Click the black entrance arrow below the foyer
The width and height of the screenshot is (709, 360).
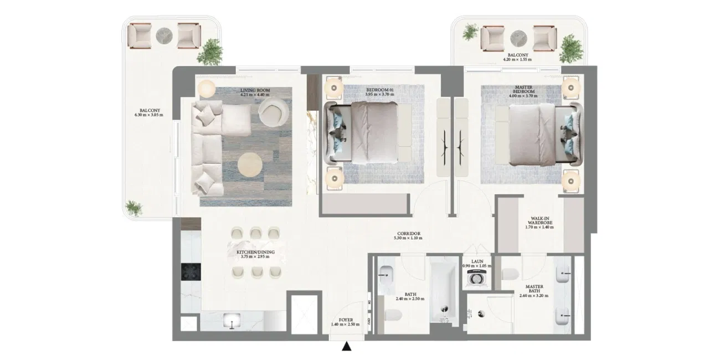(x=347, y=347)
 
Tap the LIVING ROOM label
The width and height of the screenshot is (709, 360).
(x=255, y=90)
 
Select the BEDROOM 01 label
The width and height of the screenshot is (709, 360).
(x=379, y=90)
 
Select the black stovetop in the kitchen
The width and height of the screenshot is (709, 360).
(x=191, y=272)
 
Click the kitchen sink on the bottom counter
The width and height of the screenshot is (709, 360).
(x=230, y=321)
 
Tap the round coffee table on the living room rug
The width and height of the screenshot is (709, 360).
(x=251, y=164)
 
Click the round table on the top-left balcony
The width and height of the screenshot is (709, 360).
(x=165, y=37)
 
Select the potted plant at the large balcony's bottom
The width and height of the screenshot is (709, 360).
(x=133, y=208)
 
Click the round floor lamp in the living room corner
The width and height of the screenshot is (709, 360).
(x=207, y=88)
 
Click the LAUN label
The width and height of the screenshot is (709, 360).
(x=477, y=261)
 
